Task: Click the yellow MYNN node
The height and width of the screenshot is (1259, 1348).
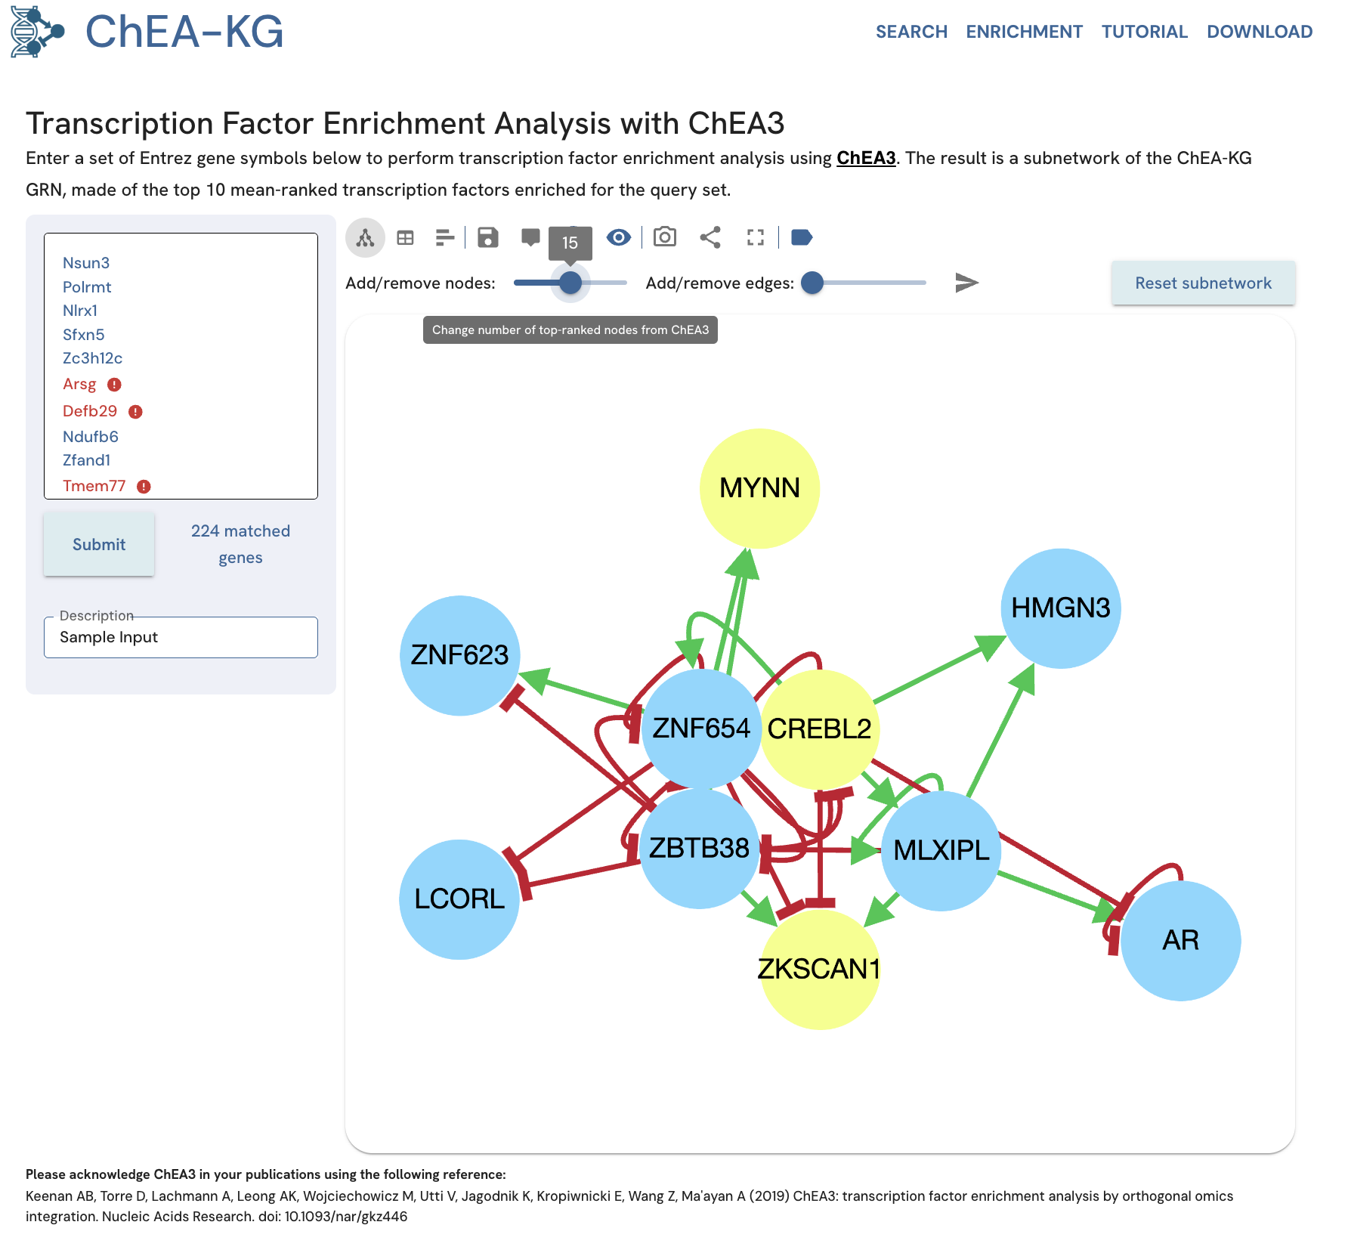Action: (x=759, y=488)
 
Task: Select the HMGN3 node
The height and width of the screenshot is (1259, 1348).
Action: (x=1060, y=608)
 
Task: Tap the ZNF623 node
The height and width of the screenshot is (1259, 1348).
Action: (x=459, y=655)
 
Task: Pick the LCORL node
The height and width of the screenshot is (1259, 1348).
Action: (x=459, y=899)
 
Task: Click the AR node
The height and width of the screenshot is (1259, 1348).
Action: (x=1180, y=940)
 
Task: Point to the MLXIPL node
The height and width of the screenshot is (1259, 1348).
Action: (x=941, y=851)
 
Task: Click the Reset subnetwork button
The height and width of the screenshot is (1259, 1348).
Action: (x=1203, y=283)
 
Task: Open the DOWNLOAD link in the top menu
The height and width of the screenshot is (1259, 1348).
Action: (x=1259, y=32)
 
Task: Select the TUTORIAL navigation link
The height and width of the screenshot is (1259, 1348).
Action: (x=1144, y=32)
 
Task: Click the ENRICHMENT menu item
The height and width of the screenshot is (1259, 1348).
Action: (x=1024, y=32)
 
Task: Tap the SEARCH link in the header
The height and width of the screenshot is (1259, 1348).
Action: (x=911, y=32)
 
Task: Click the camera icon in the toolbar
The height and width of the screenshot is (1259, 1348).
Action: (x=665, y=237)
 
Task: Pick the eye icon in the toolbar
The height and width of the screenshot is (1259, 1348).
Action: (x=619, y=237)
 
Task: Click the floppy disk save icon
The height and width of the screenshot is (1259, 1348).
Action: (x=488, y=237)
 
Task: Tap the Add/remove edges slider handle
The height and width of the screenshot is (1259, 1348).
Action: (x=812, y=283)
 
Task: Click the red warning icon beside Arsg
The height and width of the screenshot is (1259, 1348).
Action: (x=114, y=385)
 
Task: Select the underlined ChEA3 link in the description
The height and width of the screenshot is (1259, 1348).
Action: (x=866, y=158)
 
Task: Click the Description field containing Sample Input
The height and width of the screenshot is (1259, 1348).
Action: (x=181, y=637)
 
